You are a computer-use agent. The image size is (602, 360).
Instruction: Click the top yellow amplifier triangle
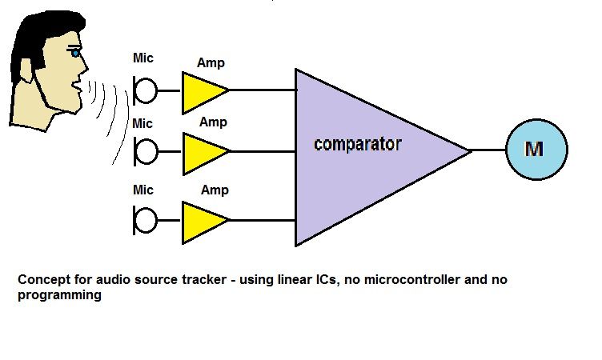[x=200, y=91]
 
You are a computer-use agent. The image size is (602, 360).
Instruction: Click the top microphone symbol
[x=145, y=90]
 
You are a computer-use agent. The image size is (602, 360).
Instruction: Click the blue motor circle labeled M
[x=536, y=150]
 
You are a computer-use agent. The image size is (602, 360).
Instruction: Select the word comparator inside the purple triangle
[x=357, y=146]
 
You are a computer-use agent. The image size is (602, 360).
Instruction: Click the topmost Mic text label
[x=142, y=58]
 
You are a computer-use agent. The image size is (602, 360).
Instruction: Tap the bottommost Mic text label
[x=142, y=190]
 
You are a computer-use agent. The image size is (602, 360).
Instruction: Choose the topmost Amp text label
[x=211, y=62]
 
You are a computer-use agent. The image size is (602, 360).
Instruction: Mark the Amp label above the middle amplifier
[x=213, y=122]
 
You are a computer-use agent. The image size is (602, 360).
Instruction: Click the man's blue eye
[x=77, y=53]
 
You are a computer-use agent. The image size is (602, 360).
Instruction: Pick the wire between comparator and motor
[x=488, y=150]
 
